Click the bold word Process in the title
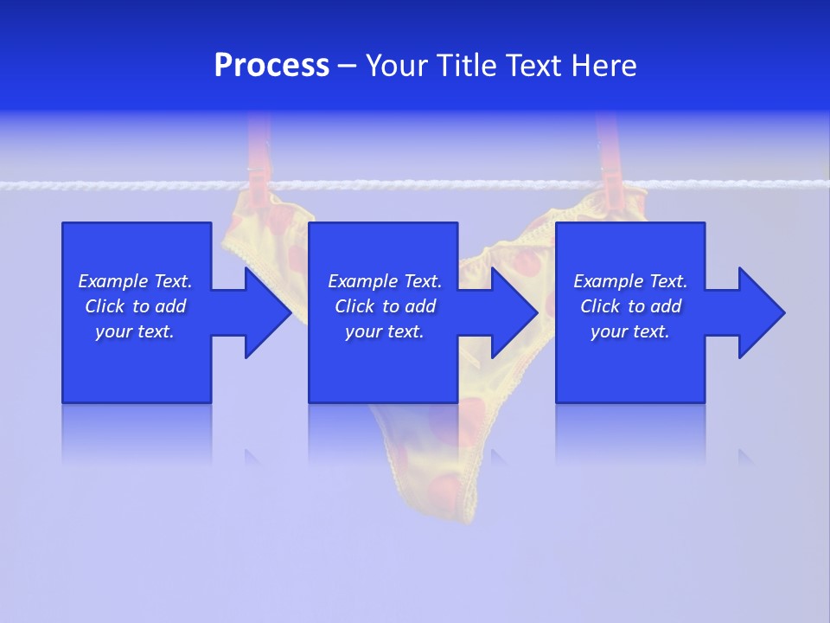(x=271, y=66)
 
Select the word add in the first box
(x=169, y=306)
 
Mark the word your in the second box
(x=364, y=331)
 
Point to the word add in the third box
(x=665, y=306)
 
